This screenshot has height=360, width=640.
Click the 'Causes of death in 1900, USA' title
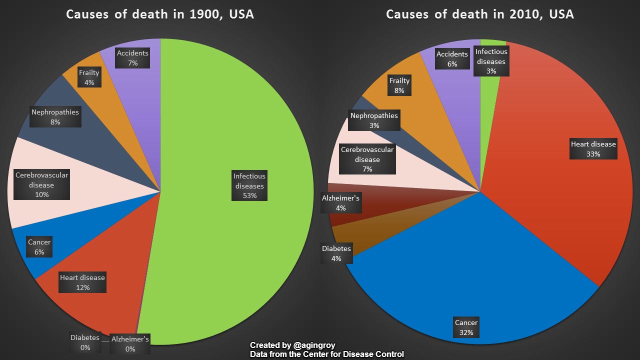[x=160, y=14]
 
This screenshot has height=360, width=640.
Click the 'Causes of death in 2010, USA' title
[x=480, y=14]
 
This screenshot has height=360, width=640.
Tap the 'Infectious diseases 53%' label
[x=249, y=185]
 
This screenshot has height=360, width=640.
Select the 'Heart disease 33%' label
[x=593, y=149]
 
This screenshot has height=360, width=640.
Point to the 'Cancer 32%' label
[x=466, y=327]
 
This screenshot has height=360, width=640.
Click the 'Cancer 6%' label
[x=39, y=247]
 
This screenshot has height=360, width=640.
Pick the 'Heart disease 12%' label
[x=82, y=282]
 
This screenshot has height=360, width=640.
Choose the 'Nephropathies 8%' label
[x=55, y=117]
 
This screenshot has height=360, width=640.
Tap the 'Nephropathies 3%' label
[x=374, y=120]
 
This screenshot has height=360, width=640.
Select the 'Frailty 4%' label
[x=89, y=77]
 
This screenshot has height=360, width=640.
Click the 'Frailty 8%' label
[x=399, y=85]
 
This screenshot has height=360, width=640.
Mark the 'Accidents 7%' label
[x=132, y=58]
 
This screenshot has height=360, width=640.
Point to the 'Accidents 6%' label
[x=452, y=59]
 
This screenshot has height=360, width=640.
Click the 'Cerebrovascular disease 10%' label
[x=42, y=185]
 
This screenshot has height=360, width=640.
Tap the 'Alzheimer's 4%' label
[x=340, y=203]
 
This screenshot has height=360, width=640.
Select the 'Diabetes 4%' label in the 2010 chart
[x=336, y=253]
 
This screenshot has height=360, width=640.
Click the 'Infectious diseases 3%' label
[x=491, y=61]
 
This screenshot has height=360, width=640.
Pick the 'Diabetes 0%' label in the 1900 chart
[x=85, y=342]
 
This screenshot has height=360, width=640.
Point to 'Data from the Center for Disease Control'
[x=327, y=354]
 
